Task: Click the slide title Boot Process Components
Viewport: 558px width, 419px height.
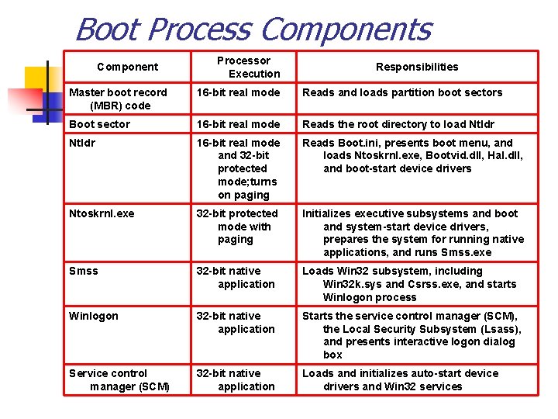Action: [x=253, y=29]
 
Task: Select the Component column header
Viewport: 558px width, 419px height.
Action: [x=127, y=67]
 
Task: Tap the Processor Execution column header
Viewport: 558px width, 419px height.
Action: [x=243, y=67]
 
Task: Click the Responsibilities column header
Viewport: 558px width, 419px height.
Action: [x=417, y=67]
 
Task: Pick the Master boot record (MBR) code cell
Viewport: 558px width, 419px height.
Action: [x=118, y=99]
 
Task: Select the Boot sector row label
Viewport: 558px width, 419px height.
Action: [x=99, y=124]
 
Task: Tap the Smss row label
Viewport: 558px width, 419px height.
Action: [x=83, y=271]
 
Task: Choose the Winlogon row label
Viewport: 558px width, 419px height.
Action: [x=93, y=316]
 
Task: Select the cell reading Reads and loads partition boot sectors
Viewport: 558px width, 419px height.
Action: [x=402, y=92]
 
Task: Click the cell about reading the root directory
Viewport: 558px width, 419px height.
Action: [x=398, y=124]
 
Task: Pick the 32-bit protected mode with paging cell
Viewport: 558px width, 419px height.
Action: [x=236, y=226]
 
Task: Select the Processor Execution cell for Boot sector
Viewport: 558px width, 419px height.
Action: [x=238, y=124]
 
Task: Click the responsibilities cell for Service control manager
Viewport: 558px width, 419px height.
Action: [x=400, y=379]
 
